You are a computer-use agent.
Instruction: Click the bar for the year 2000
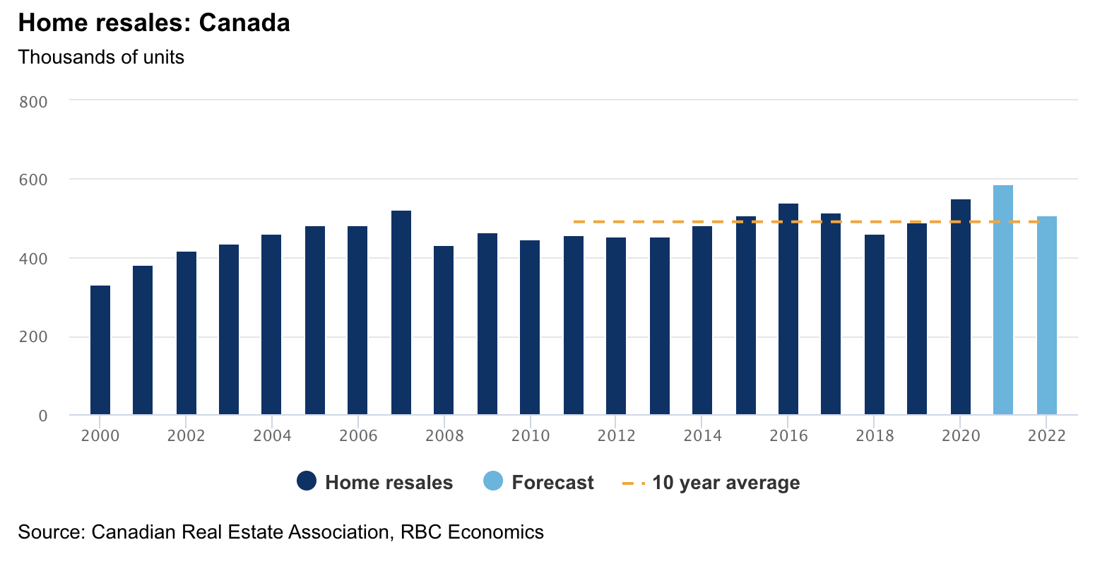tap(100, 350)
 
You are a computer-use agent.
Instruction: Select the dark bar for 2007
tap(401, 312)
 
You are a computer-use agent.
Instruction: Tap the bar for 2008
tap(444, 330)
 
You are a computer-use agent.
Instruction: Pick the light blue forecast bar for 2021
tap(1003, 300)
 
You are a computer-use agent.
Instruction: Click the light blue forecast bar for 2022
tap(1047, 315)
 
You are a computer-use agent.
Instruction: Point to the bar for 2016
tap(788, 309)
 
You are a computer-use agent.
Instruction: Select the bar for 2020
tap(961, 307)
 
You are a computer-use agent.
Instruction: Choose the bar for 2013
tap(660, 326)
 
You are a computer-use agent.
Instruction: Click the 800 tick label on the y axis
tap(34, 102)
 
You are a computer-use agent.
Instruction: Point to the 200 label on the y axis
tap(34, 337)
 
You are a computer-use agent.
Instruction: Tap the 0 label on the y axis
tap(43, 416)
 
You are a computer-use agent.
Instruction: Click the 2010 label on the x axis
tap(531, 436)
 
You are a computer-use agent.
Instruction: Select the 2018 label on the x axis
tap(875, 436)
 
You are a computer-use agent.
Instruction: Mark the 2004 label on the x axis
tap(272, 436)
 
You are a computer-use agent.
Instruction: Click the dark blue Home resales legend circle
tap(307, 482)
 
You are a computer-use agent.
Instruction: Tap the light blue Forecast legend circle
tap(493, 482)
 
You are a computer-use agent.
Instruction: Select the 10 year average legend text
tap(726, 483)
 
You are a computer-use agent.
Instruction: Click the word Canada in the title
tap(244, 23)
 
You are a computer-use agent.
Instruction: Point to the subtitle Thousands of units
tap(101, 57)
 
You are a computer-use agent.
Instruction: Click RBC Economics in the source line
tap(472, 532)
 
